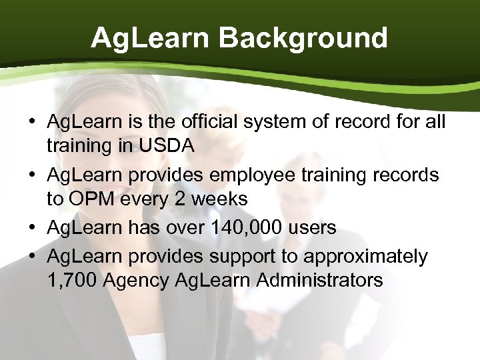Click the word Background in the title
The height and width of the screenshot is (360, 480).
click(x=303, y=38)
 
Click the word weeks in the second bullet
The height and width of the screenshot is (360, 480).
click(x=223, y=199)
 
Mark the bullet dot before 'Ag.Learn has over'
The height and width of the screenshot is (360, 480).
click(x=32, y=228)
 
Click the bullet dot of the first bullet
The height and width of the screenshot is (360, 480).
click(x=32, y=122)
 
